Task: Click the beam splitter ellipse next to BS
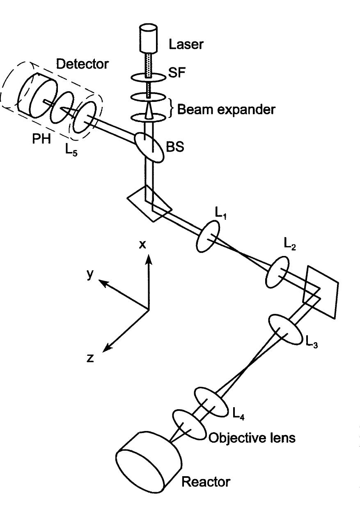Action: [x=148, y=146]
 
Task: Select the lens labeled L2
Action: [x=277, y=272]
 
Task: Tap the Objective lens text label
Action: [x=251, y=438]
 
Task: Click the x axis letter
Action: [x=142, y=245]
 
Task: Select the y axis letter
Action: [x=90, y=274]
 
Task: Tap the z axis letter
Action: [x=91, y=358]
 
